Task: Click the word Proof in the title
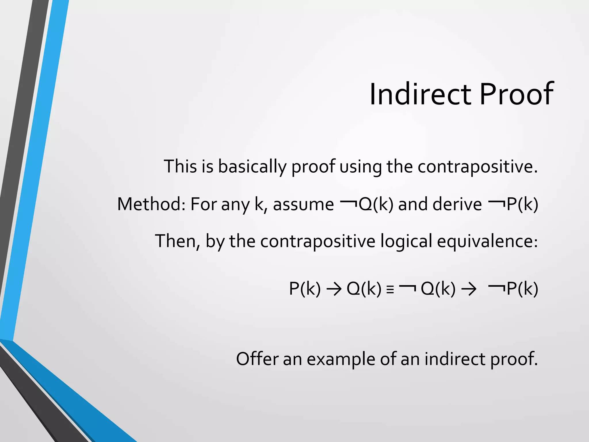[x=516, y=94]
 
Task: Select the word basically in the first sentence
[x=252, y=167]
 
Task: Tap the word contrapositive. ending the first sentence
[x=477, y=167]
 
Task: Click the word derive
[x=457, y=204]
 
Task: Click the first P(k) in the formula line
[x=305, y=289]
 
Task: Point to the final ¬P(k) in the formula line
[x=514, y=289]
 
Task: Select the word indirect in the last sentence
[x=455, y=359]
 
